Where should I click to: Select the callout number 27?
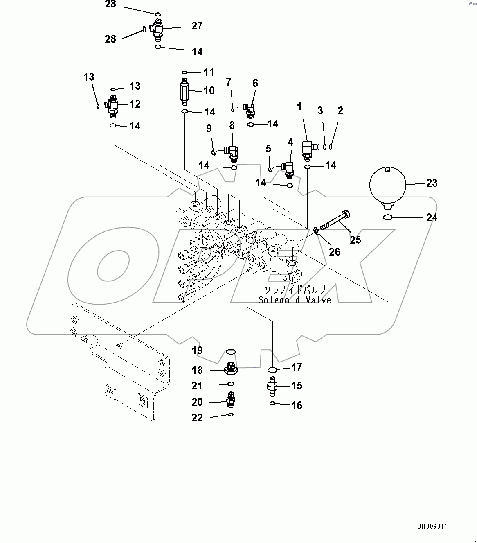197,26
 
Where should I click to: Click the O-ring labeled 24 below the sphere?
388,217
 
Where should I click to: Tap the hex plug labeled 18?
231,368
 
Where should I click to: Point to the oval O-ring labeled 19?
231,351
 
